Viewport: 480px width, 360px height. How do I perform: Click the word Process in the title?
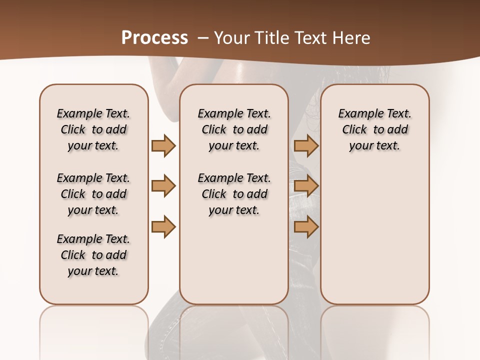pos(154,38)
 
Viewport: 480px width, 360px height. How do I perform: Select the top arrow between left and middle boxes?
pos(163,145)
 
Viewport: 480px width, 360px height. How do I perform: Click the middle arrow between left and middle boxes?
pos(163,186)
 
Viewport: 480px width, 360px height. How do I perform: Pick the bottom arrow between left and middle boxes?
pos(163,227)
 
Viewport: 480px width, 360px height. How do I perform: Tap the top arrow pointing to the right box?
pos(306,145)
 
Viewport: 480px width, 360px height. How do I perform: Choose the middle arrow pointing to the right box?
pos(306,186)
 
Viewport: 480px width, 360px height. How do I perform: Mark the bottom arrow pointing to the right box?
pos(306,227)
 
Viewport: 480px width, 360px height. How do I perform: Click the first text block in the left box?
pos(93,129)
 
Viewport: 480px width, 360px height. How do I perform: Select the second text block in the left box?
pos(93,194)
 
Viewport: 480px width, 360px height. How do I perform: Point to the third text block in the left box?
pos(93,255)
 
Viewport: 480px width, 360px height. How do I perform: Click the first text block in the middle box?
pos(234,129)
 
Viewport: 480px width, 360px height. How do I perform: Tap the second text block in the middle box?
pos(234,194)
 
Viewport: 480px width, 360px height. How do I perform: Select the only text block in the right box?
pos(374,129)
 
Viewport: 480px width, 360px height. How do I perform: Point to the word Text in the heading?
pos(310,38)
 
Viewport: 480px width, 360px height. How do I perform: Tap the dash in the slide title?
pos(202,38)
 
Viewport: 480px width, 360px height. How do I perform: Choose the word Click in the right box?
pos(354,130)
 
